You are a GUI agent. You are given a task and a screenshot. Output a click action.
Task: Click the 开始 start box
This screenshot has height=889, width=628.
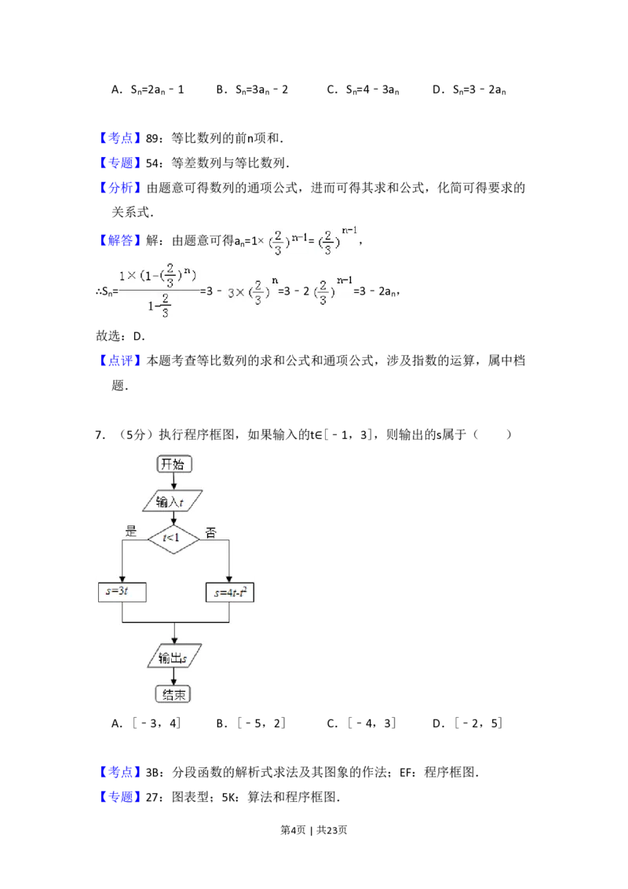coord(173,463)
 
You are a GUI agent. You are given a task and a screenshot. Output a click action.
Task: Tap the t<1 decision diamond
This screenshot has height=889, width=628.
coord(173,538)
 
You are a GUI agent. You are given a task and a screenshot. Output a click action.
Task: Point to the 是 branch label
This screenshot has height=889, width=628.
coord(131,531)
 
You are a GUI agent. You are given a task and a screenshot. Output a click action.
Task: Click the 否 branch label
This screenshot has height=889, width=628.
coord(210,533)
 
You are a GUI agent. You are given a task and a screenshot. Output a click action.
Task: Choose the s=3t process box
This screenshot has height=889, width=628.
coord(122,593)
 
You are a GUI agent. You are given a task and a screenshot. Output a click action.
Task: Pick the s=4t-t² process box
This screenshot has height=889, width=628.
coord(229,593)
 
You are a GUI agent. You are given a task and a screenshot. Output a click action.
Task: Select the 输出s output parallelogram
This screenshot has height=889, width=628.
coord(173,657)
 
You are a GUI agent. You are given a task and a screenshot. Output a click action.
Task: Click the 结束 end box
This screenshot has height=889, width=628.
coord(173,693)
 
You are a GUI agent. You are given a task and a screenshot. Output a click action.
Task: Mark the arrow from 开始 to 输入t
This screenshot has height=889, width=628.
coord(173,481)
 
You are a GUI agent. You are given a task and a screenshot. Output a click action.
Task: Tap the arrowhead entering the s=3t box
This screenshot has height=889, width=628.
coord(122,579)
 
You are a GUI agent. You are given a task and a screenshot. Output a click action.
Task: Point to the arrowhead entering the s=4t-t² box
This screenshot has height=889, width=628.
coord(228,579)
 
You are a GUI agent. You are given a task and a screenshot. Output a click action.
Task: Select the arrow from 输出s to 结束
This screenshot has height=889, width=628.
coord(173,676)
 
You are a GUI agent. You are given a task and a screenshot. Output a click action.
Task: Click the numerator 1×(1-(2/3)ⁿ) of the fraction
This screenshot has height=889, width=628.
coord(157,276)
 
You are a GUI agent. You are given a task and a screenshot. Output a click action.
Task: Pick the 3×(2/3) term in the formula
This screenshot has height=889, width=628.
coord(249,292)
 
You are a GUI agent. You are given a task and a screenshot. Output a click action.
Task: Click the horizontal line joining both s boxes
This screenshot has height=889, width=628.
coord(175,623)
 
